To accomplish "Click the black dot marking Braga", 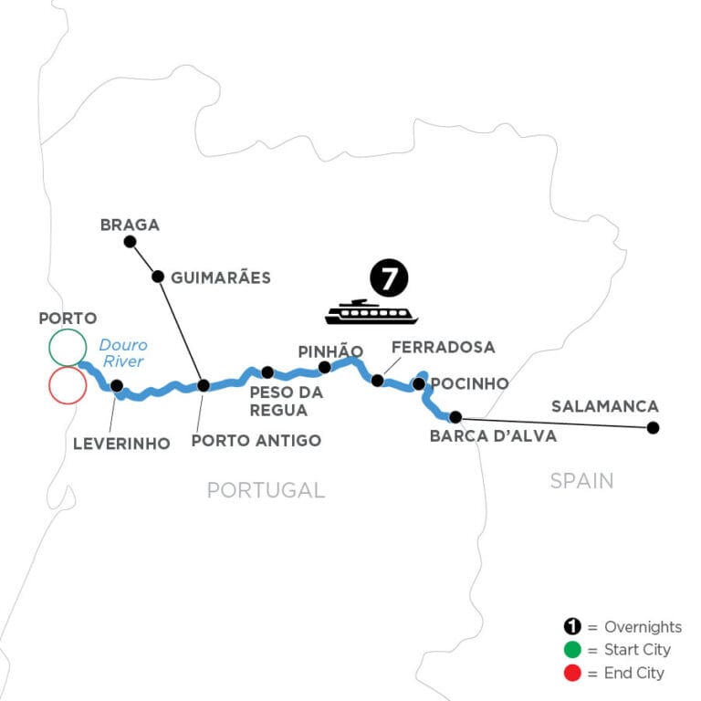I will click(130, 242).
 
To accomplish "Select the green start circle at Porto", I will click(68, 347).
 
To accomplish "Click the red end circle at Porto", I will click(68, 385).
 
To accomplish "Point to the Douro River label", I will click(122, 353).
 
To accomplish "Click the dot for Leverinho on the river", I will click(117, 386).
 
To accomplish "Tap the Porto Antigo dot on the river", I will click(204, 385).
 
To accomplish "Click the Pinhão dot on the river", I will click(324, 367).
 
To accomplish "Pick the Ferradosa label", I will click(442, 347).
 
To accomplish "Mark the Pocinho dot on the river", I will click(418, 384).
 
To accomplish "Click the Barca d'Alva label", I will click(493, 435).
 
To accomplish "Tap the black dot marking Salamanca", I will click(653, 427).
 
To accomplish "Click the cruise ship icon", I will click(371, 312).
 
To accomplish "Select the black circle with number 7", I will click(388, 278).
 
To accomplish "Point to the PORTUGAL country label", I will click(266, 490).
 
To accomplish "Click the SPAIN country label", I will click(581, 481).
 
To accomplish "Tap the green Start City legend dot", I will click(570, 650).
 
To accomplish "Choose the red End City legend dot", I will click(570, 673).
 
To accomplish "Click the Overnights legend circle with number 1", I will click(570, 627).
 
